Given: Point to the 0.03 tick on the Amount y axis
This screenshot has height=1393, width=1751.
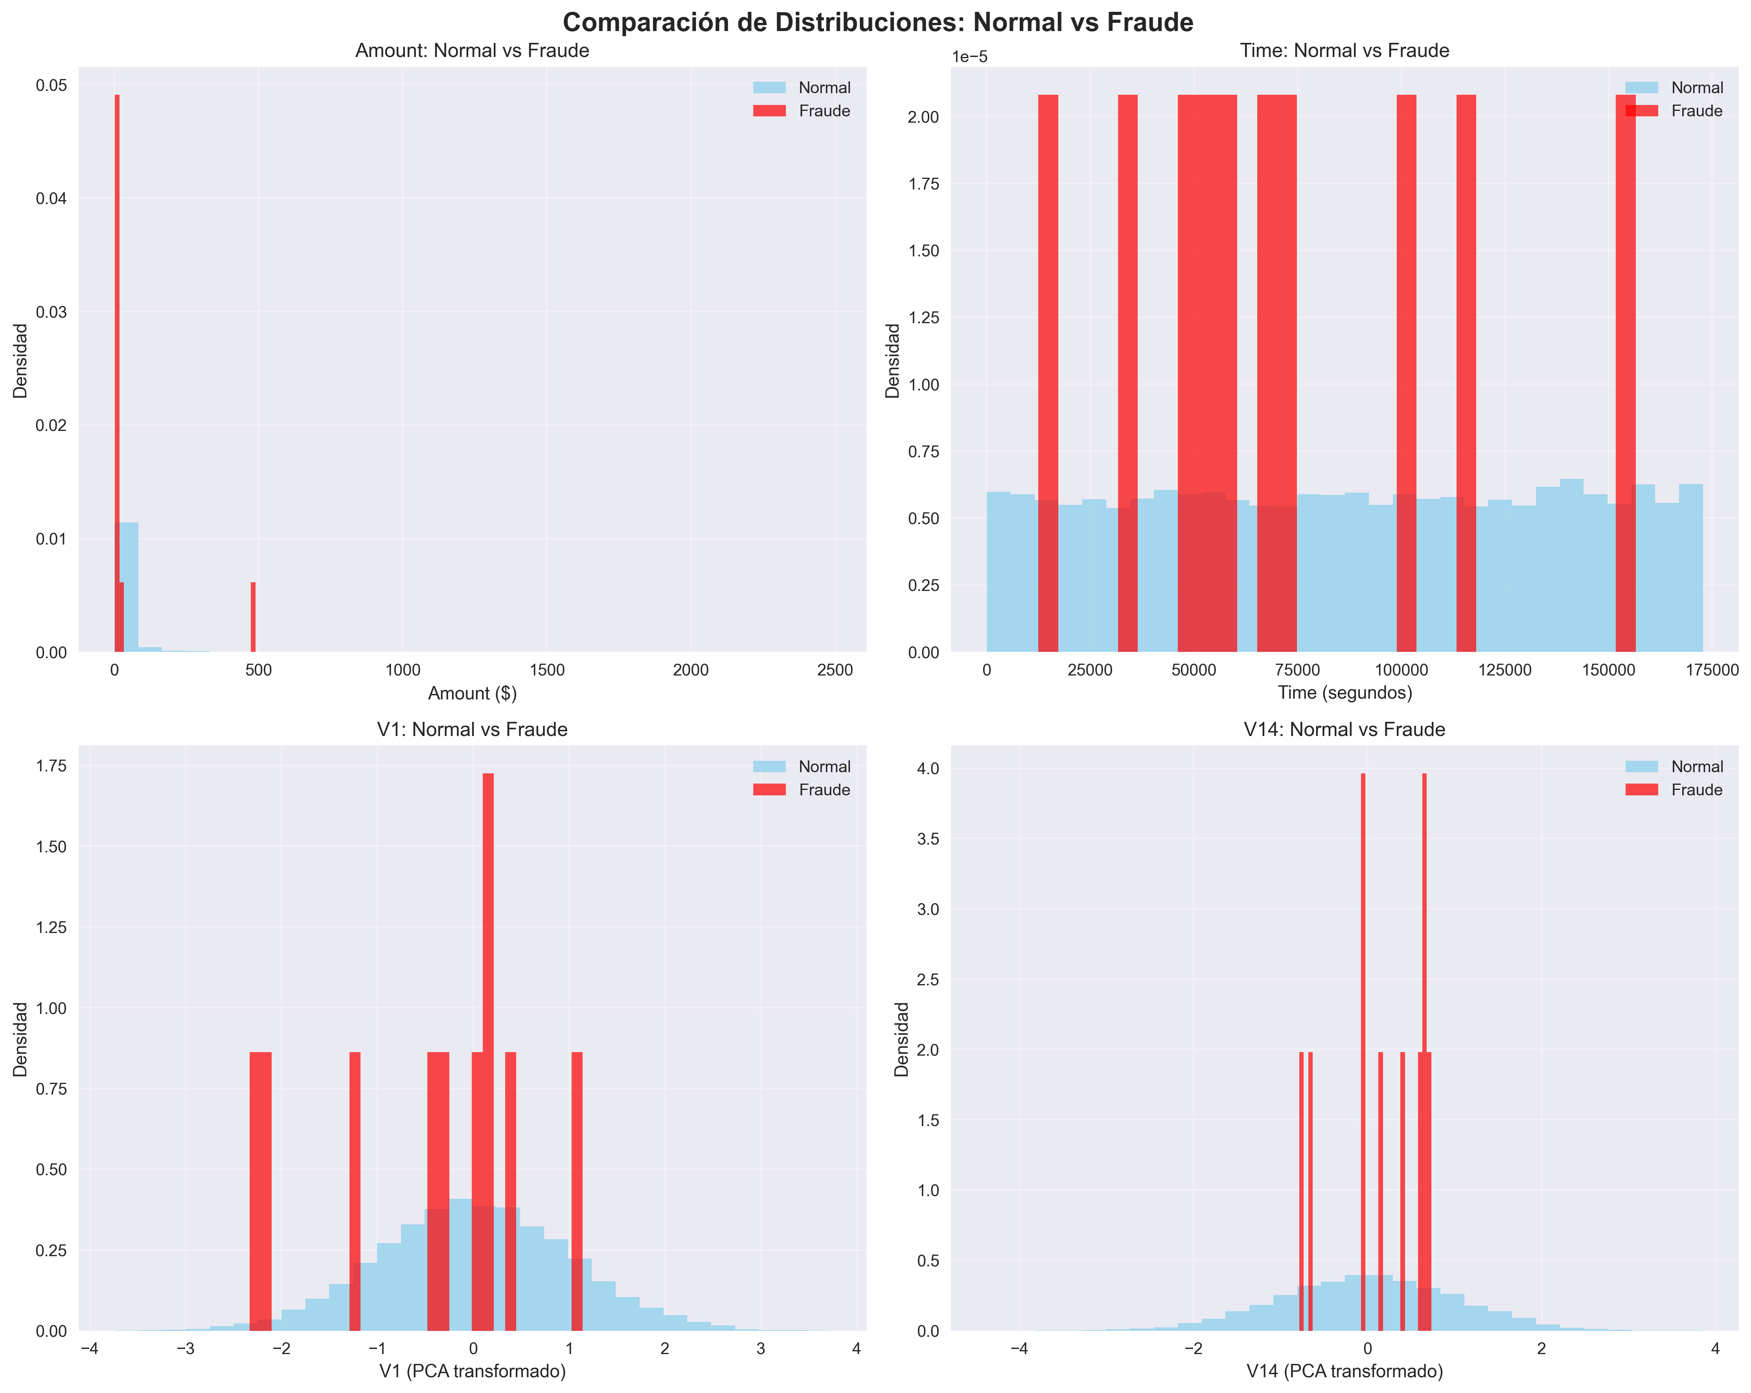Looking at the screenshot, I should point(52,312).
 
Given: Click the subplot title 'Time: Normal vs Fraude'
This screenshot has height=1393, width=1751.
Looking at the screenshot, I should point(1344,50).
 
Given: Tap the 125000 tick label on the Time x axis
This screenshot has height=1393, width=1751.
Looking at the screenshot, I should point(1504,670).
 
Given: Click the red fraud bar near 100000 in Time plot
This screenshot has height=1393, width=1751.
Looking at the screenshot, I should point(1406,366).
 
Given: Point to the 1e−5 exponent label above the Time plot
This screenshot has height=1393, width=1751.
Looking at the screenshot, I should point(970,57).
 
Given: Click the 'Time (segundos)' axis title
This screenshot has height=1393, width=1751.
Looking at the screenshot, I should point(1344,693).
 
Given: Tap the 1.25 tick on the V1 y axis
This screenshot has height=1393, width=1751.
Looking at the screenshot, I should point(52,927).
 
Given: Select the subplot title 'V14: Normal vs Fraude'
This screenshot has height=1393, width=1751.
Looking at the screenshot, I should point(1344,729).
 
